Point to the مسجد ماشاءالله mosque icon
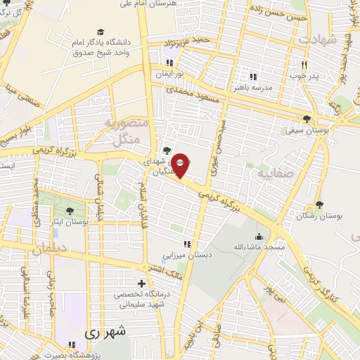pos(259,236)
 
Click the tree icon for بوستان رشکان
pos(319,205)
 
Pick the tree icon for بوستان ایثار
pos(69,210)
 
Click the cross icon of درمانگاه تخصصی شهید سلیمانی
pos(141,283)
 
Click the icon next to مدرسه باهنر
pos(253,77)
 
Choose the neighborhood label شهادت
pos(319,38)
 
